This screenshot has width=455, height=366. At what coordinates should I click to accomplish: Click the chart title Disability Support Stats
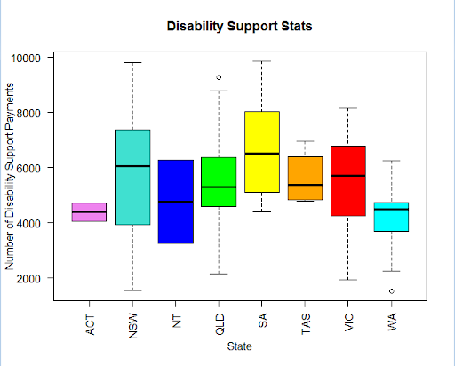[x=239, y=27]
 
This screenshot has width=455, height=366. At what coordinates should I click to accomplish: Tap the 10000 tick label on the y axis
[x=26, y=58]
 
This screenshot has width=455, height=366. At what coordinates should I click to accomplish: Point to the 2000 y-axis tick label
[x=28, y=278]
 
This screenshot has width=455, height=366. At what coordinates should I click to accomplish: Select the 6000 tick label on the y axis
[x=28, y=168]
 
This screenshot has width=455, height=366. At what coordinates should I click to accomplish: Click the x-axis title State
[x=239, y=346]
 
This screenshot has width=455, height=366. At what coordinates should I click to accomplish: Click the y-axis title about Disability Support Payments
[x=10, y=177]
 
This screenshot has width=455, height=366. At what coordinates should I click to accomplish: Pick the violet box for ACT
[x=89, y=212]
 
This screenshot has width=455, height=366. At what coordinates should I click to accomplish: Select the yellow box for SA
[x=262, y=152]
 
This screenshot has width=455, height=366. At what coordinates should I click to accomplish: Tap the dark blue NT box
[x=176, y=202]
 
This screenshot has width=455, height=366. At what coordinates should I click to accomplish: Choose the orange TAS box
[x=305, y=179]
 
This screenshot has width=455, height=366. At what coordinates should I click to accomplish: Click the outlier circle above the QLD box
[x=219, y=77]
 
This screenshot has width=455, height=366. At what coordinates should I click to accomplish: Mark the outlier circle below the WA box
[x=392, y=291]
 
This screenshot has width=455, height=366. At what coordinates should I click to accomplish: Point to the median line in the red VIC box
[x=348, y=176]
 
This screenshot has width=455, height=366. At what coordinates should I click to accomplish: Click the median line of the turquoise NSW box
[x=132, y=166]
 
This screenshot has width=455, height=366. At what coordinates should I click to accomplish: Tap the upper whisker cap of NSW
[x=132, y=63]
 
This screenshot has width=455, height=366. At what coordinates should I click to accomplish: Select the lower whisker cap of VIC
[x=348, y=280]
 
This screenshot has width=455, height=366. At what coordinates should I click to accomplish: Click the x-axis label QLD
[x=220, y=324]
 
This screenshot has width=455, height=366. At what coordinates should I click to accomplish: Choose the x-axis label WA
[x=392, y=322]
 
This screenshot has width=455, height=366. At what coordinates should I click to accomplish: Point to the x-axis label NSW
[x=133, y=326]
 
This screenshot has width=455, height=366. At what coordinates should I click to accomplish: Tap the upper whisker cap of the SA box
[x=262, y=61]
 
